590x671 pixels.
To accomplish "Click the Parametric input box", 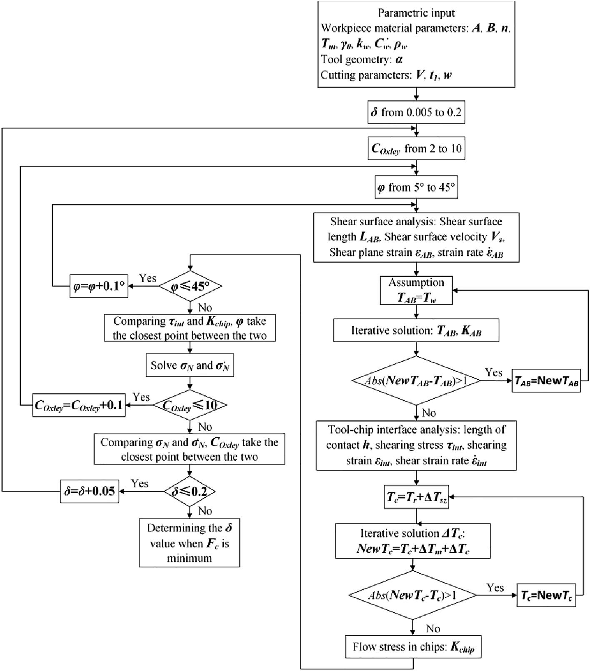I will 416,44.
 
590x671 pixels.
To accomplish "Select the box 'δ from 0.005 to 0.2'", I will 416,112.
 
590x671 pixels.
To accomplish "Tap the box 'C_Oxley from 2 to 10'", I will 416,149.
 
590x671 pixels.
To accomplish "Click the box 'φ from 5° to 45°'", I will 416,188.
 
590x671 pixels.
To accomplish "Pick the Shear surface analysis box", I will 416,237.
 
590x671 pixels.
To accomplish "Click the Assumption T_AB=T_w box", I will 416,290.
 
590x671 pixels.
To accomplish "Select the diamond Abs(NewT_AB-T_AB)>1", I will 416,380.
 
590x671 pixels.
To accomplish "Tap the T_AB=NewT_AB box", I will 546,381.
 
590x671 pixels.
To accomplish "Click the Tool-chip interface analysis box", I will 416,445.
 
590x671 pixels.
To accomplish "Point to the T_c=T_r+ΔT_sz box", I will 416,497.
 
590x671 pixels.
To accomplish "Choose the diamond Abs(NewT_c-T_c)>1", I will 412,595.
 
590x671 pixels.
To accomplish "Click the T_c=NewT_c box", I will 546,595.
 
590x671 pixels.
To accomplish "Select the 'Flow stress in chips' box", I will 412,647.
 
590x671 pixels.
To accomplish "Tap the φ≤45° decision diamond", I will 190,286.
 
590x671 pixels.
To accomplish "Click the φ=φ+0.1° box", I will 98,286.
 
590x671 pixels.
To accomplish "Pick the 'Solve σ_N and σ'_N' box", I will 190,365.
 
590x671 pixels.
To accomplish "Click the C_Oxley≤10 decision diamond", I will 190,405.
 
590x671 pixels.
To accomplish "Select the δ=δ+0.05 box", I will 90,492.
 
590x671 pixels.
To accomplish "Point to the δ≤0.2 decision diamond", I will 190,492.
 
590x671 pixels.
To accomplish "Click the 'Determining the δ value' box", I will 190,543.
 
